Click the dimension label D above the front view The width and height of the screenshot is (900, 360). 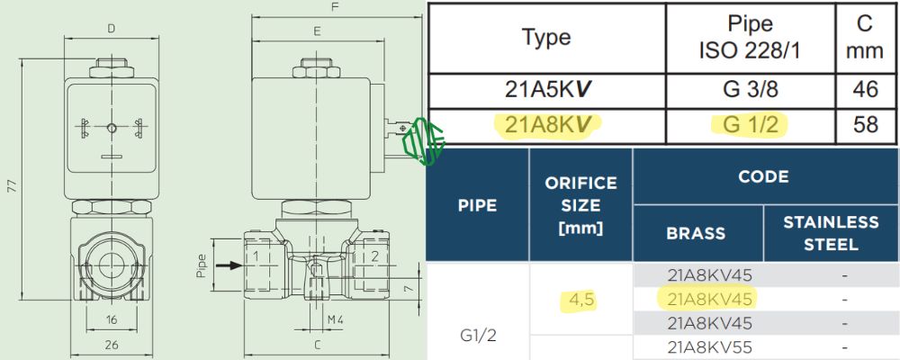(111, 28)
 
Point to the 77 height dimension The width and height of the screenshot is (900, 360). (11, 186)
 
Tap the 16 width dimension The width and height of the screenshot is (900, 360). (111, 319)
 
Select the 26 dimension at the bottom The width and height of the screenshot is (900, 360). (111, 345)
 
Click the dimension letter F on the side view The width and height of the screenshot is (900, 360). (335, 7)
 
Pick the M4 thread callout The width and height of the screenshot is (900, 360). (311, 319)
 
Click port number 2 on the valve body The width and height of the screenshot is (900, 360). (373, 257)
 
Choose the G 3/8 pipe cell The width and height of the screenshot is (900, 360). (750, 91)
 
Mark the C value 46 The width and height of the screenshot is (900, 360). (865, 91)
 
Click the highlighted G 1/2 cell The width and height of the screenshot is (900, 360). (750, 125)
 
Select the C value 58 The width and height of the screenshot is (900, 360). (865, 125)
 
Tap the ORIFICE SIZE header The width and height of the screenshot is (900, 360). (580, 205)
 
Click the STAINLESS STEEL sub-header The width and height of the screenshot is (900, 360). (831, 232)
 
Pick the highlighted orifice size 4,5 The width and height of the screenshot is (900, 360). (580, 299)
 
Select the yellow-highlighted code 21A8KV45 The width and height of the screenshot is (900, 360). (709, 299)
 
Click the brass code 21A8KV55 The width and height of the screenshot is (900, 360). (709, 346)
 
